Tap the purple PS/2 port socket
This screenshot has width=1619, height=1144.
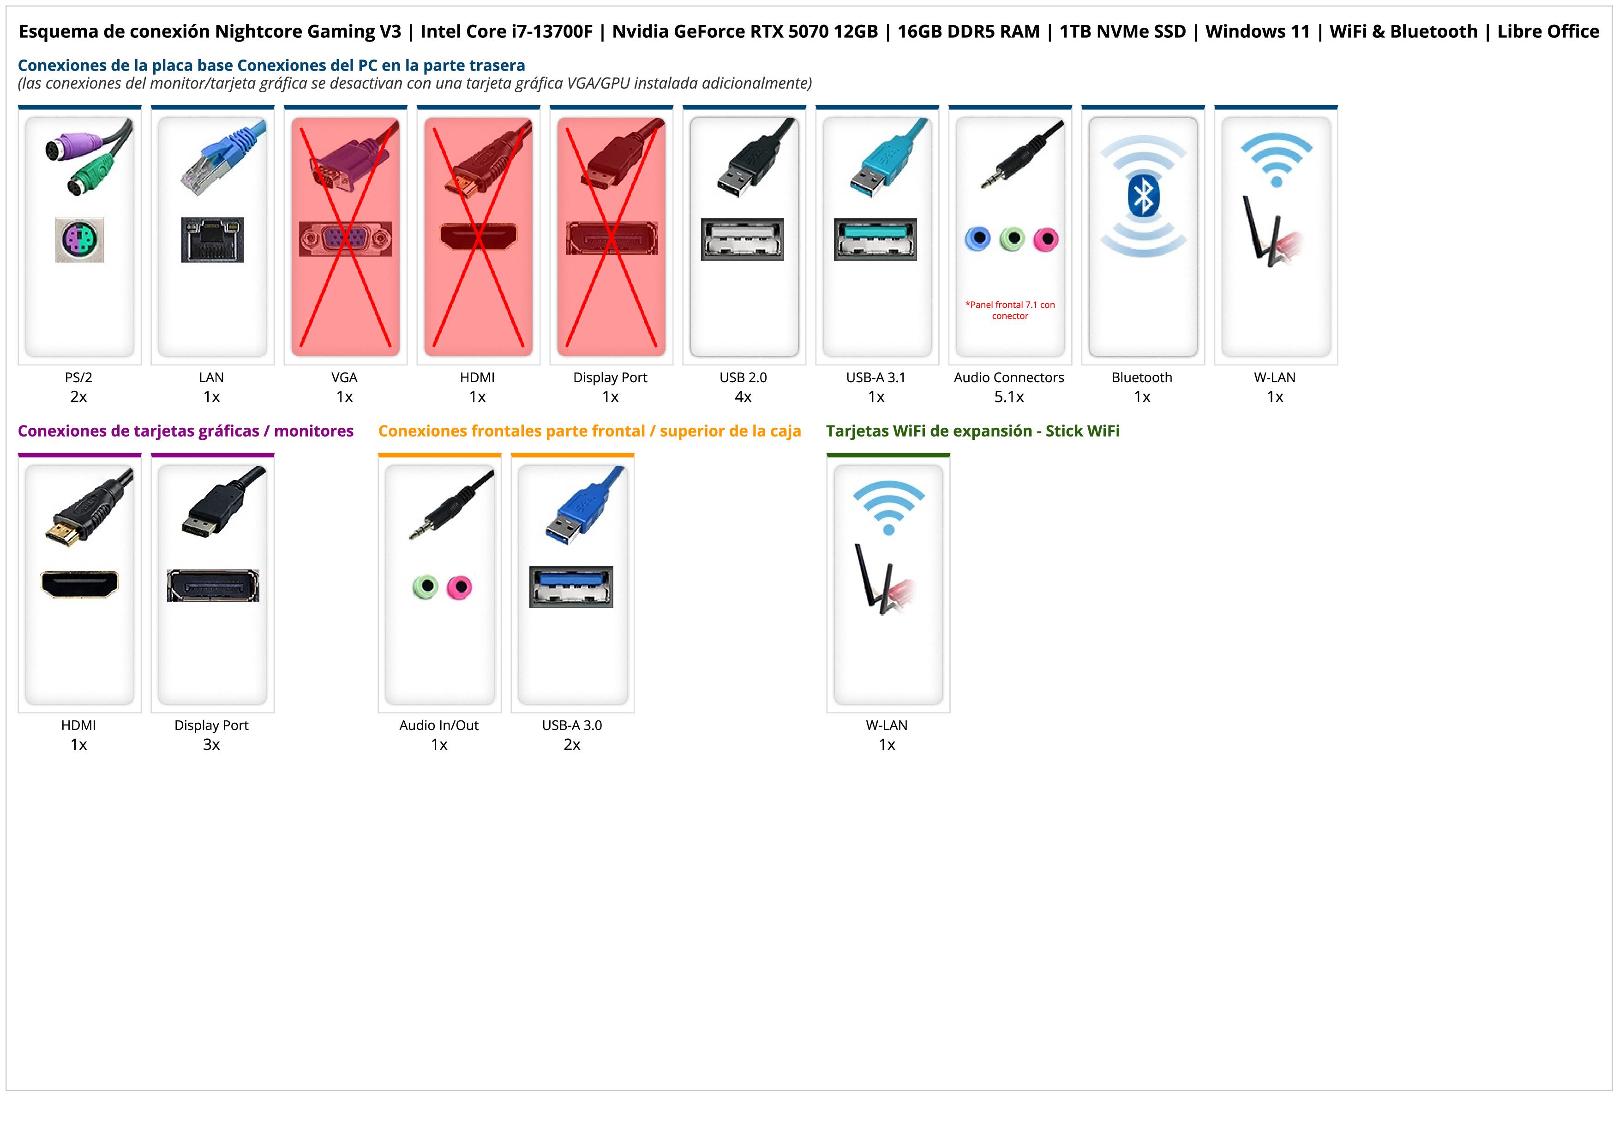pos(80,240)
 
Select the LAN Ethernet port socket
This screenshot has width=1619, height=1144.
pos(212,240)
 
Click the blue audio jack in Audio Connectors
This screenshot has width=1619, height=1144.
pos(977,239)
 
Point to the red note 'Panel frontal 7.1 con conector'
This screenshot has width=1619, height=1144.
pos(1010,310)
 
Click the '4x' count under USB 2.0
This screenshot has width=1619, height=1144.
pos(743,397)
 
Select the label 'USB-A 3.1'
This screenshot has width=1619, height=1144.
pos(876,377)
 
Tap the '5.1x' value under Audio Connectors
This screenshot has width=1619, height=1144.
pos(1009,397)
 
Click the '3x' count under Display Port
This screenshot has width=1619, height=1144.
pos(211,744)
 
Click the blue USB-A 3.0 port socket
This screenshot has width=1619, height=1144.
pos(571,587)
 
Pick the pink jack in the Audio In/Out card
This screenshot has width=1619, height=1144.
pos(460,587)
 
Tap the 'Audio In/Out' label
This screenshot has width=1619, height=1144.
pos(438,725)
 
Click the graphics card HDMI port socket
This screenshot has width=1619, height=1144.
pos(80,584)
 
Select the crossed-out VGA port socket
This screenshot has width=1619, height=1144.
pos(345,240)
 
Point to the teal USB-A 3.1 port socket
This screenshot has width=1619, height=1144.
pos(876,239)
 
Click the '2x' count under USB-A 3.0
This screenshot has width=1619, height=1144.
pos(572,744)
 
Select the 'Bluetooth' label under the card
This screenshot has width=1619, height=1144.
pos(1142,377)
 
